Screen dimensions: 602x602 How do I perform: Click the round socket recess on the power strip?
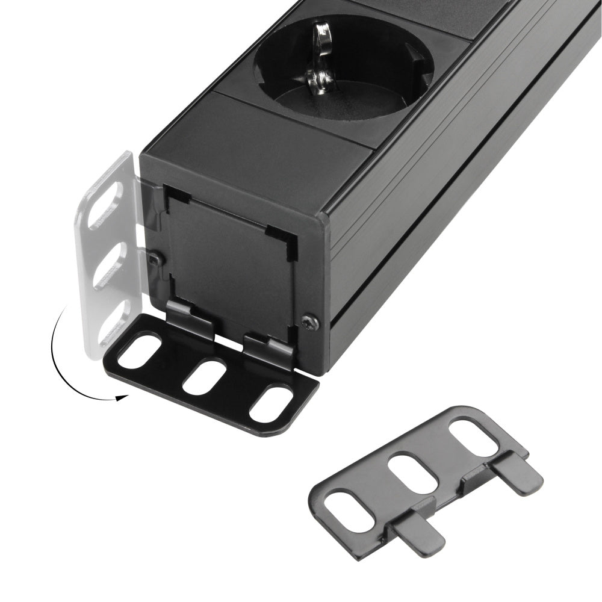[343, 66]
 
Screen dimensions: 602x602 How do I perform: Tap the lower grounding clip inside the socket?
[320, 78]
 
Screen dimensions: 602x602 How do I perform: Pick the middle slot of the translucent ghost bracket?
[110, 265]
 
